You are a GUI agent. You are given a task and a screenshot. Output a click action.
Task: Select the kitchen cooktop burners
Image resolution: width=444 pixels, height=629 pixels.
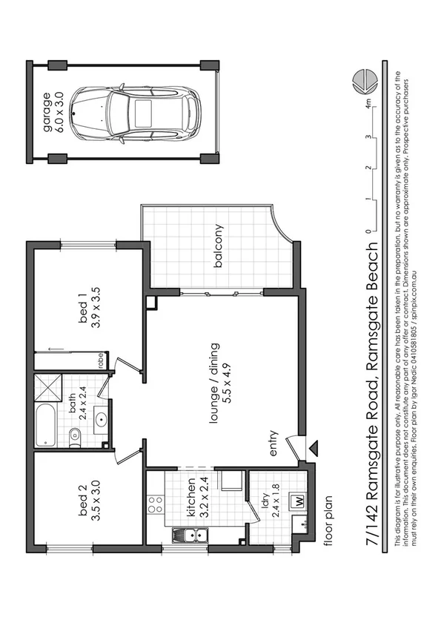156,505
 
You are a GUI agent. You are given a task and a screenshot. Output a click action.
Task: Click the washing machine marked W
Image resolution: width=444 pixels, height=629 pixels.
300,500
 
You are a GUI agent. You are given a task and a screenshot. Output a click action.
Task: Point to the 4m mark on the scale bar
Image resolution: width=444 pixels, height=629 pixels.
368,104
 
